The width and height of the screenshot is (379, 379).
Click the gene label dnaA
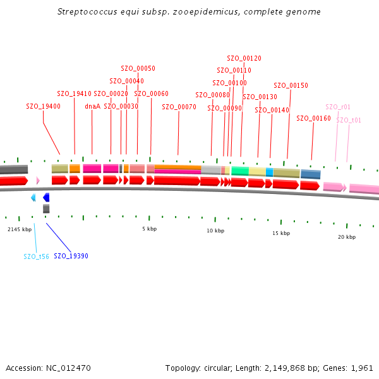[x=92, y=106]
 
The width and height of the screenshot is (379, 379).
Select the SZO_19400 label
[x=43, y=106]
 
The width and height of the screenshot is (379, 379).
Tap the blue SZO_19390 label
[x=71, y=256]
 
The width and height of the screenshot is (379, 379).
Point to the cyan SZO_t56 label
[x=36, y=256]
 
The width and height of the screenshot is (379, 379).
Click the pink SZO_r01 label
[x=338, y=107]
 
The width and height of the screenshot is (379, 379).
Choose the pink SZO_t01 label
[x=349, y=120]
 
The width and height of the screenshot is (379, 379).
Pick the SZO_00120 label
[x=244, y=58]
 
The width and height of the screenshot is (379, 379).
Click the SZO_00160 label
[x=313, y=118]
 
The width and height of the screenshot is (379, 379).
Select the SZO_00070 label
[x=179, y=107]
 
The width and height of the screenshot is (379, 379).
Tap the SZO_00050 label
[x=138, y=68]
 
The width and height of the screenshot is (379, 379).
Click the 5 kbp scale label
[x=149, y=229]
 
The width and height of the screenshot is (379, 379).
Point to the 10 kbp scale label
[x=215, y=231]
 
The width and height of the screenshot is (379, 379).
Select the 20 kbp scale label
[x=346, y=237]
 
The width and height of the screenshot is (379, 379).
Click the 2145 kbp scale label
[x=19, y=229]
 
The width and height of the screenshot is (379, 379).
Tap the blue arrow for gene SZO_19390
[x=46, y=198]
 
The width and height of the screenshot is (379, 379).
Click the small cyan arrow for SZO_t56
[x=33, y=198]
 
